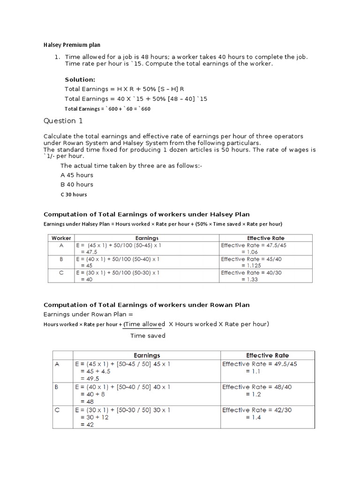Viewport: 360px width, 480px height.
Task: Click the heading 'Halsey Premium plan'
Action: (x=72, y=45)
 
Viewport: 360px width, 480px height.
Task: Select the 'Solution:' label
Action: (x=80, y=80)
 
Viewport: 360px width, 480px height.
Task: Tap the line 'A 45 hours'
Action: (x=77, y=175)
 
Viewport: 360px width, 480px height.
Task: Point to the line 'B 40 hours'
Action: (x=77, y=185)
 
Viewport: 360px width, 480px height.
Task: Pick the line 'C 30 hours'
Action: (x=74, y=195)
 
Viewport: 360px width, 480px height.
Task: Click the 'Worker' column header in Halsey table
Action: (x=61, y=238)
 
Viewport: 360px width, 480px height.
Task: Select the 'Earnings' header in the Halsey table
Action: (x=147, y=238)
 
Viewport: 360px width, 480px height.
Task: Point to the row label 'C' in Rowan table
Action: (x=58, y=410)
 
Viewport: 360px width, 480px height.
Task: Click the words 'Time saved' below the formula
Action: (x=148, y=336)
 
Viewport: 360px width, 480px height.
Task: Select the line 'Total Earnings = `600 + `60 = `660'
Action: (x=107, y=109)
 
